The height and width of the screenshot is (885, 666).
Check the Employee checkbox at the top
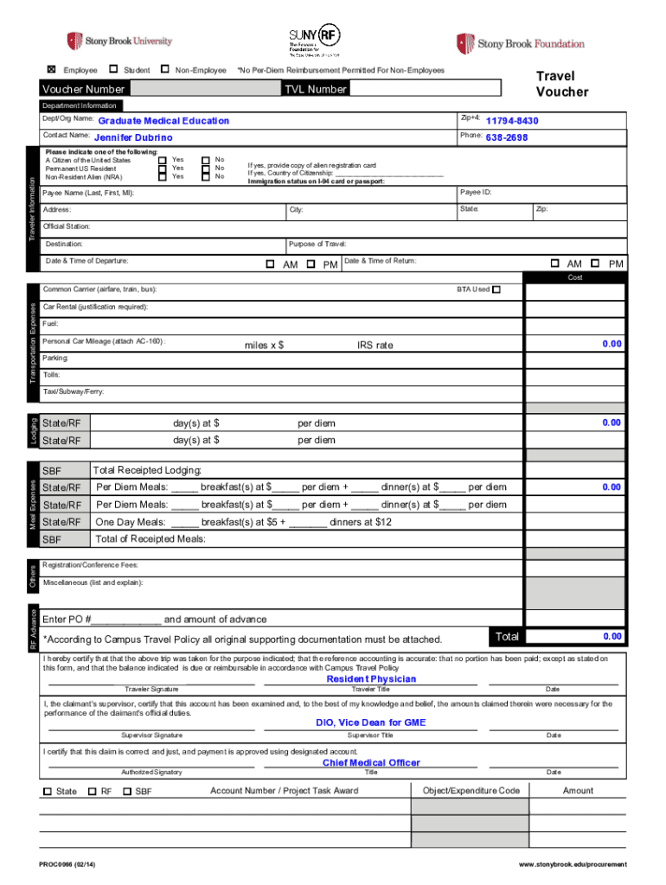point(51,69)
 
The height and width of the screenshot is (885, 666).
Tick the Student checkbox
point(114,69)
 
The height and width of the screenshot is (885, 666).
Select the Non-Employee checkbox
point(165,69)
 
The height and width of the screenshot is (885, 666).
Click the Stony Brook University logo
point(119,41)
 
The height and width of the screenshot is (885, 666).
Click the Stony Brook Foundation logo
point(521,43)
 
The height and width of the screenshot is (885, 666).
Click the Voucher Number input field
point(206,89)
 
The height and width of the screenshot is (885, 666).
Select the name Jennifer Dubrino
point(133,137)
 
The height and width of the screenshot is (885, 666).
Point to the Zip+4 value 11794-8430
point(512,121)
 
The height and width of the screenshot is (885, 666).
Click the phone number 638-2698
point(506,137)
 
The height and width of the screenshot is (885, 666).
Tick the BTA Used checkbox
point(496,290)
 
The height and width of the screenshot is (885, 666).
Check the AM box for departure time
point(270,264)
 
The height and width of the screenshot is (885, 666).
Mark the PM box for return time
point(595,264)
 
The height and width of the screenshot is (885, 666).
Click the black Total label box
point(507,637)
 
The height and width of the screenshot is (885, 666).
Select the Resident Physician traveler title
point(371,679)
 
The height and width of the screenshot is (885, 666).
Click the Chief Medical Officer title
point(371,762)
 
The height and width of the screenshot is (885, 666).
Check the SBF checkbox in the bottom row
point(127,791)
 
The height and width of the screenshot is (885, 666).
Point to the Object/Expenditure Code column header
point(471,790)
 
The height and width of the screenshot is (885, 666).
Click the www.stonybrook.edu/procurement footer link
point(573,865)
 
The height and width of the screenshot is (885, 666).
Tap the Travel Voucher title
point(561,84)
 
